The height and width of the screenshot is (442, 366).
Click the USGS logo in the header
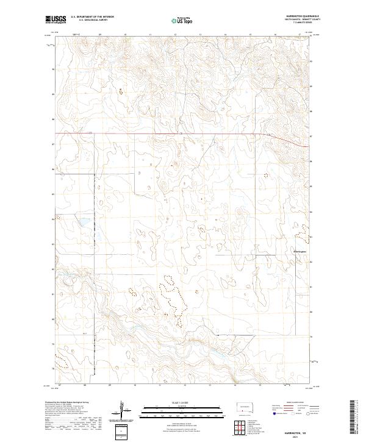point(56,20)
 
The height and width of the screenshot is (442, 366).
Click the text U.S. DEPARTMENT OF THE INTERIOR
point(92,17)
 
